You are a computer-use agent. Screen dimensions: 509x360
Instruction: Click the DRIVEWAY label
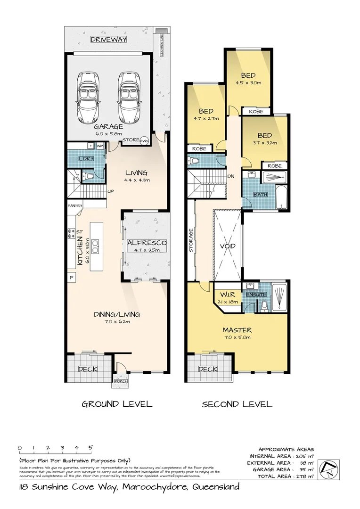click(x=109, y=40)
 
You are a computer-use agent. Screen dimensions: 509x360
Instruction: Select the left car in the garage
click(x=88, y=97)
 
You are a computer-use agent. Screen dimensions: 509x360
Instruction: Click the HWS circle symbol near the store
click(x=145, y=140)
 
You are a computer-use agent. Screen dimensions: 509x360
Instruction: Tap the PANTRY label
click(x=75, y=205)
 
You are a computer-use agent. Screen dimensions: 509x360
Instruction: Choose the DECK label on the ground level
click(x=87, y=369)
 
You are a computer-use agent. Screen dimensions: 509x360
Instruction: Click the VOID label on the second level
click(x=228, y=246)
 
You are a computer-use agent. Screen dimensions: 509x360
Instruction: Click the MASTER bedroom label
click(x=237, y=330)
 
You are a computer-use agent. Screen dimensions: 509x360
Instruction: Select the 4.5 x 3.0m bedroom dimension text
click(x=248, y=82)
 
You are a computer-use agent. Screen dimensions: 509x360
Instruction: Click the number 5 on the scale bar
click(x=90, y=448)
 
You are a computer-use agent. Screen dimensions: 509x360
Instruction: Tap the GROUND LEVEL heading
click(x=117, y=404)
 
